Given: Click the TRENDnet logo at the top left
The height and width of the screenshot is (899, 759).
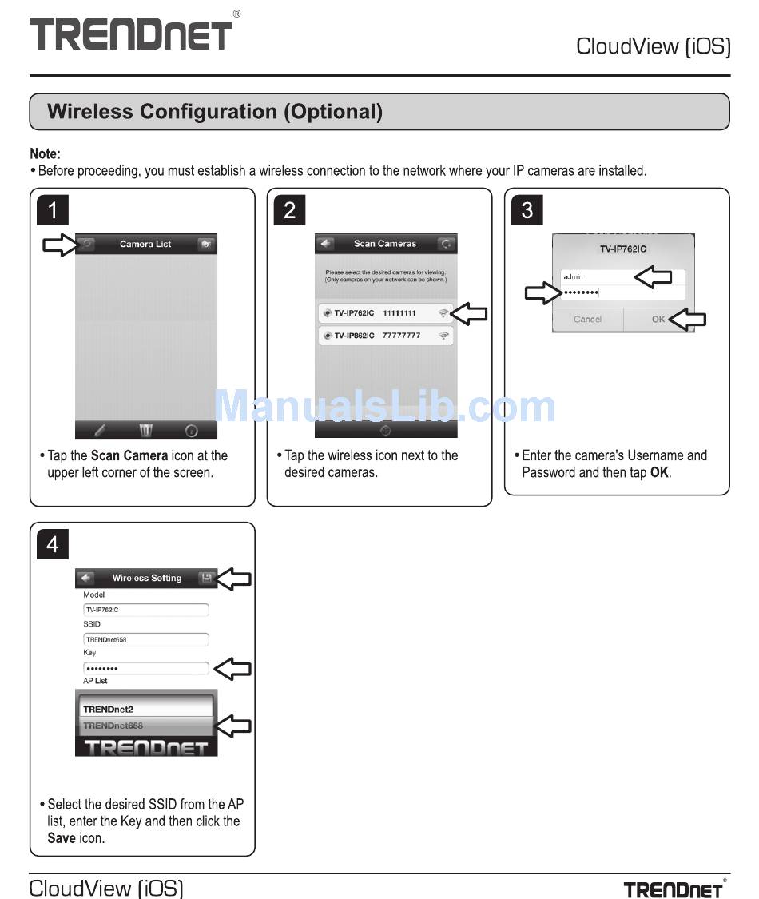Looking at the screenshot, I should coord(132,34).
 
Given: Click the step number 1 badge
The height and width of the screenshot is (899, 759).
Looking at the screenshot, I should coord(53,210).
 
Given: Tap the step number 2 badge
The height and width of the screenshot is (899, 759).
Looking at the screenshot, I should coord(289,210).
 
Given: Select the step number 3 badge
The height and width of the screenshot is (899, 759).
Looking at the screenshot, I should coord(527,210).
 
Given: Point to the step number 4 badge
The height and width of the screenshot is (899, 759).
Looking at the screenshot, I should coord(53,544).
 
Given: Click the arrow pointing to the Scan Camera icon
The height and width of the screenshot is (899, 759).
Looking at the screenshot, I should coord(59,245).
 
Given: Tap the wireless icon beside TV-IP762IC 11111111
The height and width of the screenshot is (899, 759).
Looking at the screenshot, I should coord(443,313).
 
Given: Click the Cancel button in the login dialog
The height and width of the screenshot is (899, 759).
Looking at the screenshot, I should coord(587,319).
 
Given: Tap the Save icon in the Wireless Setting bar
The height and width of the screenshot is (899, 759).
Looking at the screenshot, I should coord(206,578).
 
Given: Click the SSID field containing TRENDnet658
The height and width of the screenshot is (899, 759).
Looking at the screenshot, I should coord(145,639).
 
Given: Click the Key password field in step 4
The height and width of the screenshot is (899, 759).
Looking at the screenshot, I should coord(145,668).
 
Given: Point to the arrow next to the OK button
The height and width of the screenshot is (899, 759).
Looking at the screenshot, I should coord(689,320).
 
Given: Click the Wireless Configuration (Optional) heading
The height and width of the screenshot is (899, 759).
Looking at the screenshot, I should coord(215,112).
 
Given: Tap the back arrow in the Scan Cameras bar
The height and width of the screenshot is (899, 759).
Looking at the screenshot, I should coord(325,244).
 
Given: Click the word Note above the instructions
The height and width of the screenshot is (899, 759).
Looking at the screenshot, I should coord(45,153).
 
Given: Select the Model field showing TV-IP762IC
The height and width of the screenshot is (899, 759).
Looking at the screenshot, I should coord(145,610).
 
